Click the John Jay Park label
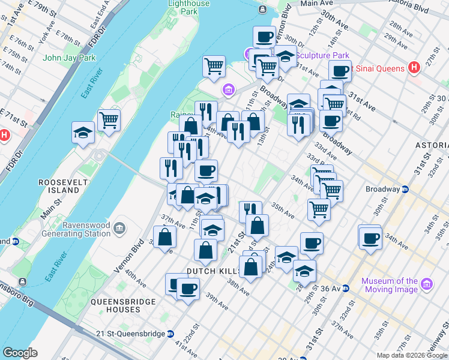pos(70,58)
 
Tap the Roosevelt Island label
pos(59,186)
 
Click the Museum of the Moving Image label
pos(390,286)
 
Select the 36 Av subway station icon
pos(345,289)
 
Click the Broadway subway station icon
pos(405,189)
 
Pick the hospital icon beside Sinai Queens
pos(413,68)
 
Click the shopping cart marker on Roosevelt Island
pos(109,120)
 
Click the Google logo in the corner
pos(20,353)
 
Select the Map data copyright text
pos(412,355)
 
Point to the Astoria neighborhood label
pos(432,146)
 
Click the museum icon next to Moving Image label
pos(427,283)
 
